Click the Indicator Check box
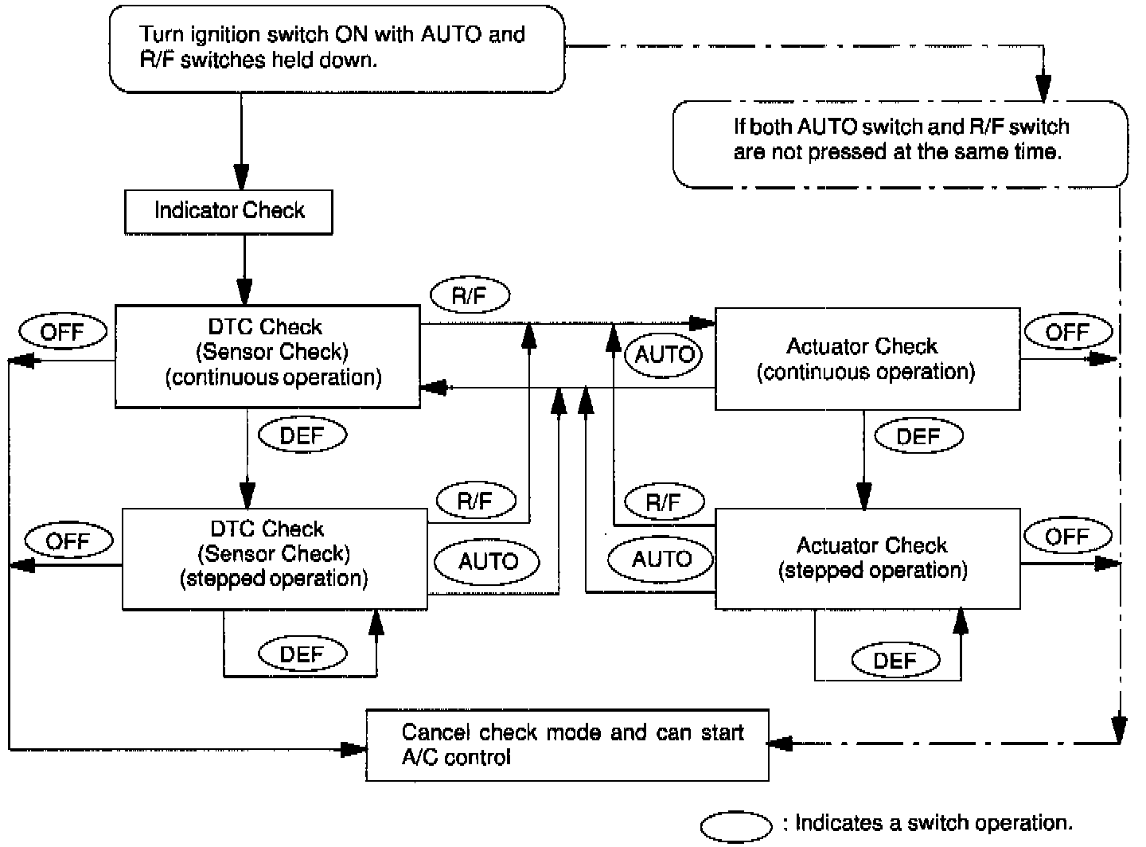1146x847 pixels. (228, 211)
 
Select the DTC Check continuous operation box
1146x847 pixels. (267, 356)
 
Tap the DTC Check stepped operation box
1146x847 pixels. (274, 559)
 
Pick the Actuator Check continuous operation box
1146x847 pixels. (867, 359)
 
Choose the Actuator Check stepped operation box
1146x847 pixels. (867, 559)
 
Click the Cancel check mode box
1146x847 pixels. (567, 744)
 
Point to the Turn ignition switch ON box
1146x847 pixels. (337, 49)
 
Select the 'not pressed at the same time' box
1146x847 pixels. (900, 143)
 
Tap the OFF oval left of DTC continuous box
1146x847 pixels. (62, 331)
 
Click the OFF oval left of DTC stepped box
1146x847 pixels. (68, 541)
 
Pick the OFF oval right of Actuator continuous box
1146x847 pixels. (1066, 331)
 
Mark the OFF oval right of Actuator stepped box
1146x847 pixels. (1066, 537)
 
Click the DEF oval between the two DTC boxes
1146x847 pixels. (302, 435)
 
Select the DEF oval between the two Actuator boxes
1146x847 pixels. (918, 436)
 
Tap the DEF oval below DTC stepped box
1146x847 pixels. (302, 654)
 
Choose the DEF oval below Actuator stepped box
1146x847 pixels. (895, 660)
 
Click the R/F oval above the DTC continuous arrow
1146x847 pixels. (470, 296)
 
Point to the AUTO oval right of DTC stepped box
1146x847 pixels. (487, 561)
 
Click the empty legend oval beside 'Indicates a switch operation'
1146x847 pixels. (736, 826)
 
